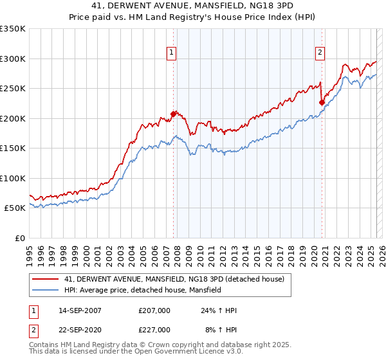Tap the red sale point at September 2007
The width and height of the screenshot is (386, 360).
[x=173, y=114]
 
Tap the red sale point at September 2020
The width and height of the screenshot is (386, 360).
[x=322, y=102]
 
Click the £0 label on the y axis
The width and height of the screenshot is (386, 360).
[x=20, y=238]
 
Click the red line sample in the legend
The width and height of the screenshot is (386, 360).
[x=46, y=279]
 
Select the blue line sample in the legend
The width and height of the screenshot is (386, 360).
[x=46, y=291]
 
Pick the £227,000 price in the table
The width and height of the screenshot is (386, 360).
[x=154, y=330]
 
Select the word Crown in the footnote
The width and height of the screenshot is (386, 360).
[x=163, y=345]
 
